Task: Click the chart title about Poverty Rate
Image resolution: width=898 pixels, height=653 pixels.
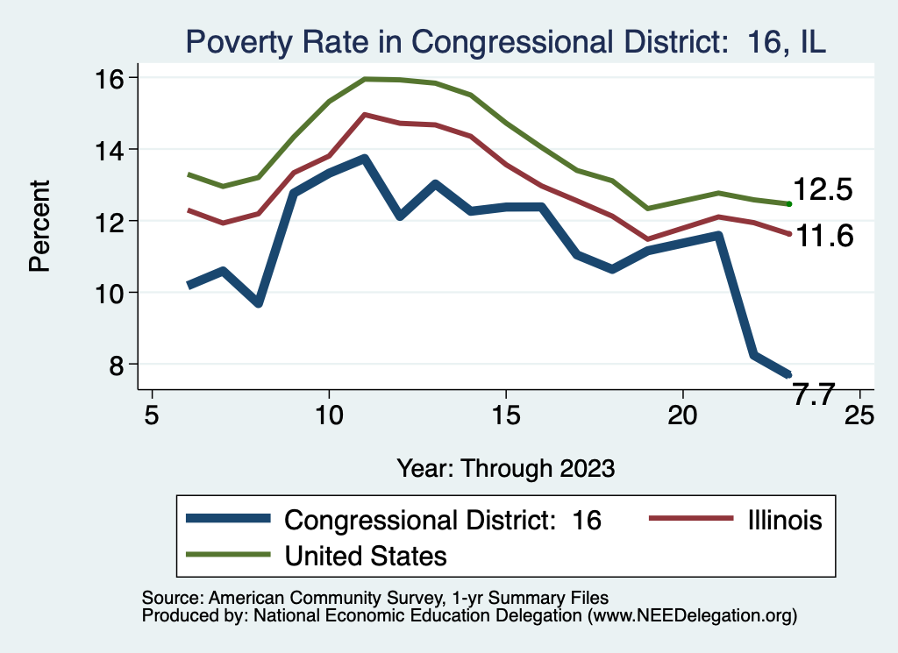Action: pyautogui.click(x=504, y=42)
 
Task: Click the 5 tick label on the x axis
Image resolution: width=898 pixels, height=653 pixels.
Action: pyautogui.click(x=152, y=414)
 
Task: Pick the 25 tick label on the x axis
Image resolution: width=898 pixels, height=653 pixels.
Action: pyautogui.click(x=859, y=414)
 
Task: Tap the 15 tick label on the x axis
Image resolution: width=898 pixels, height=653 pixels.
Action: pyautogui.click(x=505, y=414)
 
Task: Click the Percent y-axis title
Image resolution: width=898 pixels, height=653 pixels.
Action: pyautogui.click(x=39, y=226)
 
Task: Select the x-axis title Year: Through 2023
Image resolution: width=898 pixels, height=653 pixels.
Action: pyautogui.click(x=505, y=467)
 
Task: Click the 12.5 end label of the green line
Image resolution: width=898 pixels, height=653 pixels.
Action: pyautogui.click(x=823, y=190)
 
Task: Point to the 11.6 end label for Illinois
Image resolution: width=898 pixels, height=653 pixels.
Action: pyautogui.click(x=823, y=236)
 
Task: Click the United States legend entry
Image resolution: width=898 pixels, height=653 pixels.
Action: pyautogui.click(x=365, y=555)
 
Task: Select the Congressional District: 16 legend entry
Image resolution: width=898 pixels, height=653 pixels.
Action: pyautogui.click(x=443, y=520)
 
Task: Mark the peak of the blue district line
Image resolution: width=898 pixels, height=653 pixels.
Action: pyautogui.click(x=364, y=159)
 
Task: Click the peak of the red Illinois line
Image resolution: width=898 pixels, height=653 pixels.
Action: pyautogui.click(x=364, y=115)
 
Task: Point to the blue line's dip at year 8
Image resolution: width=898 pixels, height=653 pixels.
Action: pyautogui.click(x=259, y=302)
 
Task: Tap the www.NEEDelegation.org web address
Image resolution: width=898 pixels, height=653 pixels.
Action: pyautogui.click(x=693, y=615)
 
